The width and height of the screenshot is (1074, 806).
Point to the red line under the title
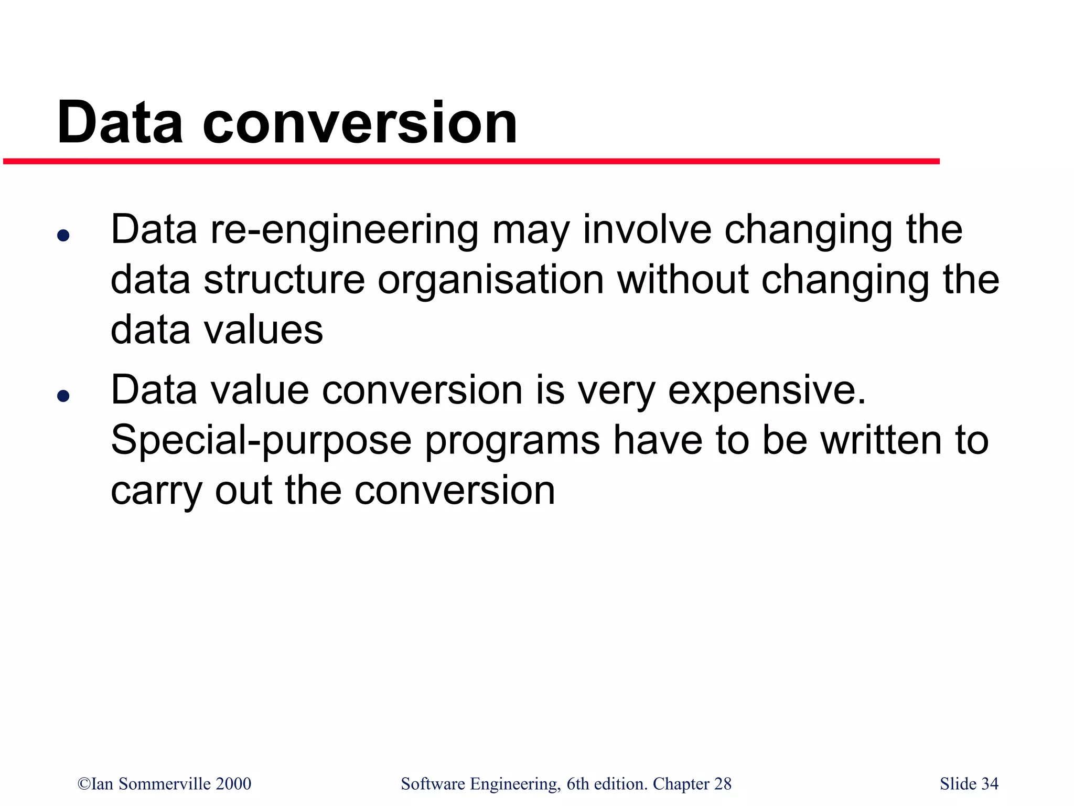point(471,162)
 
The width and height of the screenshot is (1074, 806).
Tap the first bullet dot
point(63,236)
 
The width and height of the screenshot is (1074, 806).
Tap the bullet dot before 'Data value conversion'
point(63,396)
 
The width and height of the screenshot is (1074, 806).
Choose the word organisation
point(491,281)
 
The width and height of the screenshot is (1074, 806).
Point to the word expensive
point(766,391)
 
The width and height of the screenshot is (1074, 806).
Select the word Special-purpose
point(261,441)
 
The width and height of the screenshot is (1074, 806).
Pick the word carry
point(156,492)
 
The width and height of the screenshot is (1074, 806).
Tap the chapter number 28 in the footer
point(723,783)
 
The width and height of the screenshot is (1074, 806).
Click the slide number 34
point(990,783)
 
